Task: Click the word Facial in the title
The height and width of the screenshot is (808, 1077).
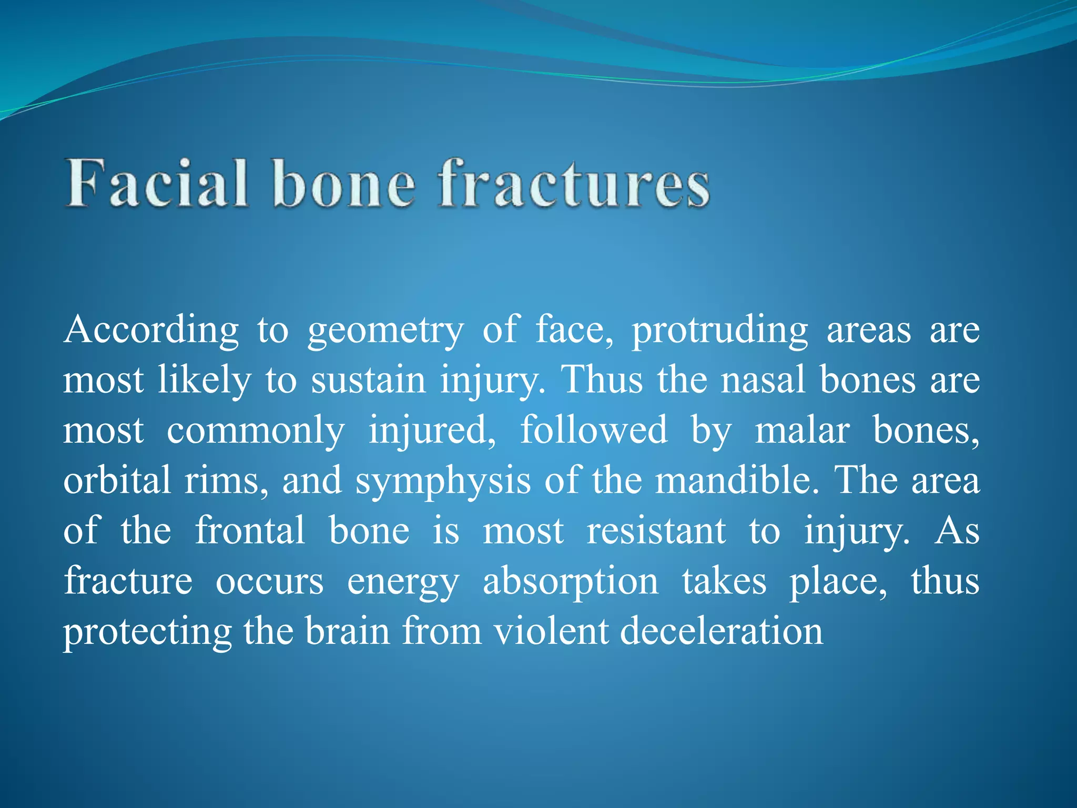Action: point(157,184)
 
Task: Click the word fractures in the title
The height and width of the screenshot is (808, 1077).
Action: point(574,184)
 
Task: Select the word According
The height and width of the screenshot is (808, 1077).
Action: point(151,330)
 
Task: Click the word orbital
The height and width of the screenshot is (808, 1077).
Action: point(117,480)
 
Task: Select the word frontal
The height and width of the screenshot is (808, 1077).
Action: point(250,530)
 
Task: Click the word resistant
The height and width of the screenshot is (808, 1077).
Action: point(656,530)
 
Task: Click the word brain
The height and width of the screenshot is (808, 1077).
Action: point(347,631)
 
